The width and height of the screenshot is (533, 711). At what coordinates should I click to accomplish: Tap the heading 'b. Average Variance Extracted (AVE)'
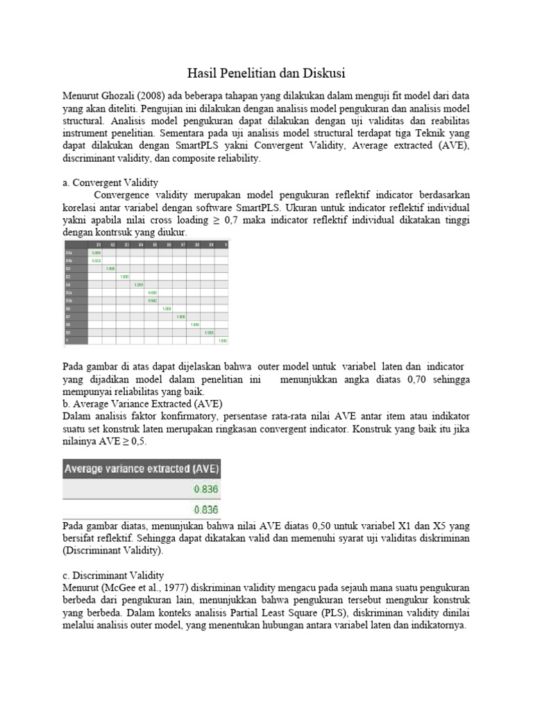tap(142, 403)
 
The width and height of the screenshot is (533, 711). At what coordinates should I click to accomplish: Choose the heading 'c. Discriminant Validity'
tap(113, 576)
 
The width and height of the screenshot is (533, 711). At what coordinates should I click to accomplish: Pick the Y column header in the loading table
tap(225, 245)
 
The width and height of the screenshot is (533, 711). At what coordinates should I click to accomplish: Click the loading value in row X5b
tap(152, 300)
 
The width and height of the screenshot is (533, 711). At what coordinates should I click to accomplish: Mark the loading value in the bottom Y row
tap(223, 341)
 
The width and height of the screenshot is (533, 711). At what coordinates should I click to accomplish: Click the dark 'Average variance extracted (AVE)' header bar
tap(142, 469)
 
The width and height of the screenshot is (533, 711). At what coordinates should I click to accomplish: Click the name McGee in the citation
tap(124, 589)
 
